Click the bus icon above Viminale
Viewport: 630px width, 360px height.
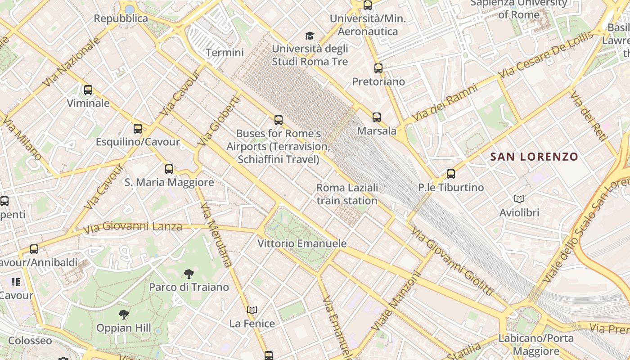pos(88,90)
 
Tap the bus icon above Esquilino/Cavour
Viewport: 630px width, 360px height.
pos(138,129)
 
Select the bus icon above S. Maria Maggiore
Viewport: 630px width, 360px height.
pos(169,169)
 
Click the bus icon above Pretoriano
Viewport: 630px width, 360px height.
pos(378,68)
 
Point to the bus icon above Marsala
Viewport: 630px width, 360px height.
pos(377,117)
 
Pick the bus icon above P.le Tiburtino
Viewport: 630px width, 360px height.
pos(451,174)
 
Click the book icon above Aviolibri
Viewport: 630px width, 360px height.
pos(519,199)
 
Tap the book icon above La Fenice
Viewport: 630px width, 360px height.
pos(252,310)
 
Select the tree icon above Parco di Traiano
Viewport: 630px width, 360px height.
pos(189,274)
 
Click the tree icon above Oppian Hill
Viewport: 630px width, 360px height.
pos(124,314)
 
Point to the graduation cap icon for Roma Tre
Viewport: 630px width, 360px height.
pos(310,36)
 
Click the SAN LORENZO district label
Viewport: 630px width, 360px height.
pos(534,157)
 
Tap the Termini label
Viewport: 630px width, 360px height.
pos(225,53)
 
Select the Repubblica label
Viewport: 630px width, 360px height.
pos(121,18)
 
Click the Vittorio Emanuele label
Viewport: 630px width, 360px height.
pos(302,243)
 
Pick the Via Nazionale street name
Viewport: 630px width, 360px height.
pos(72,62)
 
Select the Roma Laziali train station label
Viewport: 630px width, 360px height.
pos(347,194)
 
